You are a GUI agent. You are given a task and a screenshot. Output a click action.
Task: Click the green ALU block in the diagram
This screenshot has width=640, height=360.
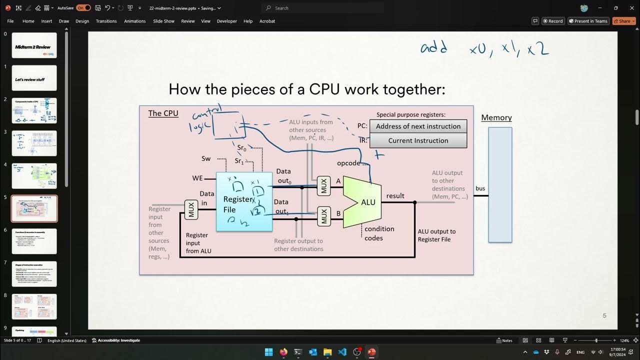[363, 202]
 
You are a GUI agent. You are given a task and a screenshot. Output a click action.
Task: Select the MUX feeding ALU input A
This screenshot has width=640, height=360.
[324, 186]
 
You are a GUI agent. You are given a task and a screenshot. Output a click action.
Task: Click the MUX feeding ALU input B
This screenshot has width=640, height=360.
[324, 216]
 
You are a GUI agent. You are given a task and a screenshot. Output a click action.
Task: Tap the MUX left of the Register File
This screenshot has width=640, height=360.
[191, 209]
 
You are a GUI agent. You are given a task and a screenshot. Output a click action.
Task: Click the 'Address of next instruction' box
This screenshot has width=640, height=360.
[418, 126]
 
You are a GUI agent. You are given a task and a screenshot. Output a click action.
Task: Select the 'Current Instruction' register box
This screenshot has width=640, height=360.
[418, 140]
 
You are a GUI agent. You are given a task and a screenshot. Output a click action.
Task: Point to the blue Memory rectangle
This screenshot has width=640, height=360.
[500, 184]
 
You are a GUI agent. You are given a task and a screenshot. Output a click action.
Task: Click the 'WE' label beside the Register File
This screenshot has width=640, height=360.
[197, 178]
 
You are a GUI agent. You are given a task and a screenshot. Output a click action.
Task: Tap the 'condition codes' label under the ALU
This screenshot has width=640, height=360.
[379, 233]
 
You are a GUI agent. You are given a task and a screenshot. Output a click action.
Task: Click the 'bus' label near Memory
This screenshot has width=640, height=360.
[480, 188]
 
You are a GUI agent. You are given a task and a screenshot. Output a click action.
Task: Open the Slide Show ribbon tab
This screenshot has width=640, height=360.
[163, 21]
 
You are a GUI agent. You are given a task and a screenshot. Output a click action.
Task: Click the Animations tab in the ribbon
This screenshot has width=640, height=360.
[135, 21]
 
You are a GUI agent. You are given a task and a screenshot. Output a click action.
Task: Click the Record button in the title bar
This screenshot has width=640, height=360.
[553, 21]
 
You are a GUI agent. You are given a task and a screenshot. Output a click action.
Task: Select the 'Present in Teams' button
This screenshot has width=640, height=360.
[588, 21]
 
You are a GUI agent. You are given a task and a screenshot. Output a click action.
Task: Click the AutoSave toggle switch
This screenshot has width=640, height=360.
[83, 8]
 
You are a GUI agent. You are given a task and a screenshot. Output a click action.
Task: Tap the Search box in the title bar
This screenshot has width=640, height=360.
[320, 8]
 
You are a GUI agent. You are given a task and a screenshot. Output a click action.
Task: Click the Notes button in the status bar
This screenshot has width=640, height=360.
[504, 340]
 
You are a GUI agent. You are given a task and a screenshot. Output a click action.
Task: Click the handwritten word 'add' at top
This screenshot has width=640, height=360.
[433, 48]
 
